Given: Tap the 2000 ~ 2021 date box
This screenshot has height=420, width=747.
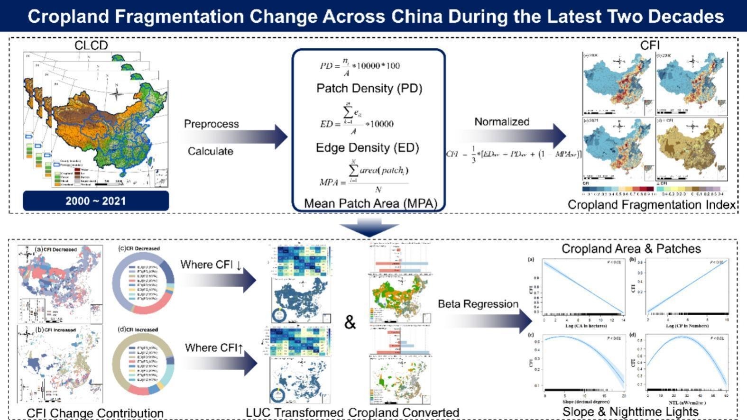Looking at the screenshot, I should (96, 201).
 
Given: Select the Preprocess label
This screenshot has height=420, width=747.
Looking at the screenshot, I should (211, 124).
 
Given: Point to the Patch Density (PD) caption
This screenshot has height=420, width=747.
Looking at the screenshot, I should (369, 89).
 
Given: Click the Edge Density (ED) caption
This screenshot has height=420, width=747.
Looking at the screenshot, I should (367, 148).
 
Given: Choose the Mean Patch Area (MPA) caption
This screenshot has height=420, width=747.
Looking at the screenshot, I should (370, 203).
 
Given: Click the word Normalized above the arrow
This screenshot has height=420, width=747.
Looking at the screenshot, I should (502, 122).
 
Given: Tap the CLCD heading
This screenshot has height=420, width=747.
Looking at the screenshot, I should (91, 46).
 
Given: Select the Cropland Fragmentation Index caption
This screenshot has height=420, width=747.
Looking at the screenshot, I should (651, 205).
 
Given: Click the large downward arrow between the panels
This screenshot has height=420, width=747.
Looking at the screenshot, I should (369, 227).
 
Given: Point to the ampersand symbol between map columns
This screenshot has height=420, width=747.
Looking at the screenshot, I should (350, 322).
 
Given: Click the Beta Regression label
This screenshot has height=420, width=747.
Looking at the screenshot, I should (478, 304).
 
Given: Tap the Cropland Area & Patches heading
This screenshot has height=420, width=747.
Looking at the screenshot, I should (631, 249).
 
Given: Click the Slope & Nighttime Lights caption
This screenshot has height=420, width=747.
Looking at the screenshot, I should (630, 411).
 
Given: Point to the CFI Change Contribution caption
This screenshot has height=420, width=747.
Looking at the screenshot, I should (95, 413).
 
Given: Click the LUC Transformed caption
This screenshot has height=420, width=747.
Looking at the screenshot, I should (294, 412).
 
